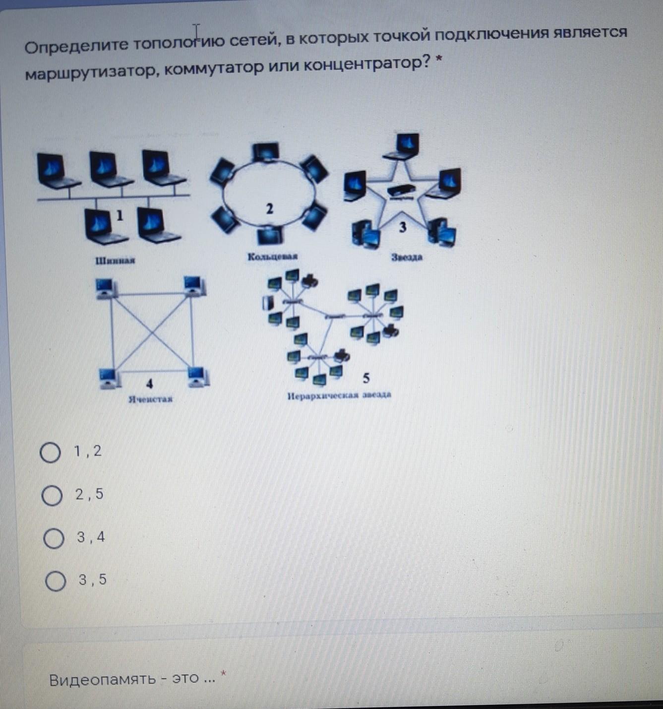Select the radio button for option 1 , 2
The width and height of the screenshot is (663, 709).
[50, 452]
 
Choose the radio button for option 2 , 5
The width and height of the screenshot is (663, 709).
[52, 496]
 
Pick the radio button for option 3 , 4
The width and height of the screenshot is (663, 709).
[54, 538]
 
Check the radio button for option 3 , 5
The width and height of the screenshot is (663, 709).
[55, 581]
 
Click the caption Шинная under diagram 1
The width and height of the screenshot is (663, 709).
[115, 260]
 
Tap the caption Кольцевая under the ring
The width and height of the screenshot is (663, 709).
[272, 257]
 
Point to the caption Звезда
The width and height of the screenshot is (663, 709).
[407, 257]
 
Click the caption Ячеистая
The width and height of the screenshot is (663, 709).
[150, 399]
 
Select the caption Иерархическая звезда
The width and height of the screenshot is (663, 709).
[339, 395]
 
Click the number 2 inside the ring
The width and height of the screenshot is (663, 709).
[269, 209]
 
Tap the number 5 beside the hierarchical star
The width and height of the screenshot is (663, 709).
[366, 378]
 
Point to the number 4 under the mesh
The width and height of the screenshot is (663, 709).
[150, 384]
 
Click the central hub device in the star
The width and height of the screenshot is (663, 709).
[401, 191]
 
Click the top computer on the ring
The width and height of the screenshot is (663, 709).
[266, 152]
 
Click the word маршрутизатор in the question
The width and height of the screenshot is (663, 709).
[92, 72]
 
